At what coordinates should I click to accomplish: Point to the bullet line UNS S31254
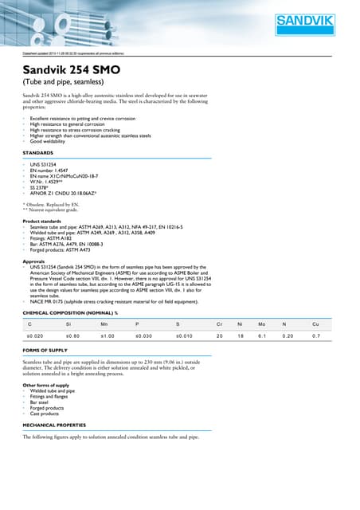[44, 163]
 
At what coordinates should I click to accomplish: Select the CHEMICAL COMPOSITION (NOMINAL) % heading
[70, 313]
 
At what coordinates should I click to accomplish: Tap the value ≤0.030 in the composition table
[143, 337]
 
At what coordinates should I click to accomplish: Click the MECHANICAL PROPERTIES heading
[58, 425]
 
